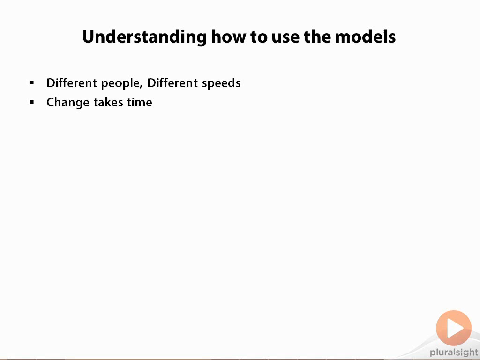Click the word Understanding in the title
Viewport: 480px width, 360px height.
pos(144,37)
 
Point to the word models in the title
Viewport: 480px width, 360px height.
pos(365,37)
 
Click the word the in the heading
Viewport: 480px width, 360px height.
pos(317,37)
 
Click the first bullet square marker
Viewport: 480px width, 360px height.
pos(32,82)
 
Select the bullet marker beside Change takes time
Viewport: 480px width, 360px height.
pos(32,102)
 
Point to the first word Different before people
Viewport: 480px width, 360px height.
pos(72,83)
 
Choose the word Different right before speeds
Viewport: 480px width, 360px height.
pos(172,83)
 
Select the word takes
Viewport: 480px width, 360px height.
pos(108,102)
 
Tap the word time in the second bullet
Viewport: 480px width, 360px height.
pos(140,102)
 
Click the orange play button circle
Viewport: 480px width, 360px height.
pos(454,328)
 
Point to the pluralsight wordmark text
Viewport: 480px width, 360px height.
pos(454,352)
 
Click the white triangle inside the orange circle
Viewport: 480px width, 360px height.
pos(455,328)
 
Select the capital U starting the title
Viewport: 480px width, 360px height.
pos(89,37)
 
